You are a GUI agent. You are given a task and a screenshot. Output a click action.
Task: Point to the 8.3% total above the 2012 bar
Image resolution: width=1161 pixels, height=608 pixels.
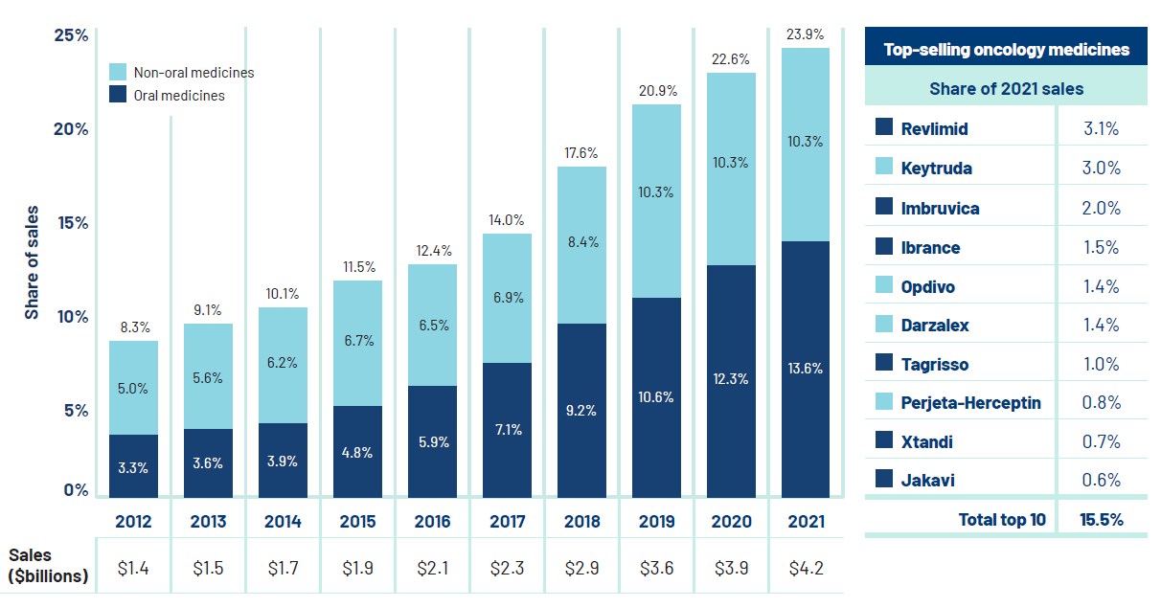coord(133,327)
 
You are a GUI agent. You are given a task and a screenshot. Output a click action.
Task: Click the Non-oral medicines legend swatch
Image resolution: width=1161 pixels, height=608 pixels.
coord(118,72)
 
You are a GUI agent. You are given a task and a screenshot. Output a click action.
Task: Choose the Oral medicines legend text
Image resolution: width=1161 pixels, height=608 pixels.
coord(179,96)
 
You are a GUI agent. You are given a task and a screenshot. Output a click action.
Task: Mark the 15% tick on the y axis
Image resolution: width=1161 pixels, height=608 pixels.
coord(70,223)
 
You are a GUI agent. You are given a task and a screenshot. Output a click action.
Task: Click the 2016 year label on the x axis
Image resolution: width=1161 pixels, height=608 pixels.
coord(432,522)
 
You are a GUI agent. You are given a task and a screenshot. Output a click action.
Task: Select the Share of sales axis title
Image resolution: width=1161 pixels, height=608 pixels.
coord(32,261)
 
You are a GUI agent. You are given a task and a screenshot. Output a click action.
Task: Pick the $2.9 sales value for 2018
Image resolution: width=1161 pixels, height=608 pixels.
coord(581,569)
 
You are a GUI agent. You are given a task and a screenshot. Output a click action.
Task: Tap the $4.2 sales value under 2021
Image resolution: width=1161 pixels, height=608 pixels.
coord(806,569)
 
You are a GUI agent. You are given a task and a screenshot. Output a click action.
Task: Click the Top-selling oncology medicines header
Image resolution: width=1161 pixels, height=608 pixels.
coord(1006,50)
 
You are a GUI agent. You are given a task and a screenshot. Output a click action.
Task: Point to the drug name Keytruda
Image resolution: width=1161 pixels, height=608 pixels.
coord(936,169)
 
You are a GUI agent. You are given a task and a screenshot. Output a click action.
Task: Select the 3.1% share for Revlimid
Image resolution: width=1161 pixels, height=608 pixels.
coord(1101,129)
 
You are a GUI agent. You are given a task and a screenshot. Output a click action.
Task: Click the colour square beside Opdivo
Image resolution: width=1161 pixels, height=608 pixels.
coord(884,286)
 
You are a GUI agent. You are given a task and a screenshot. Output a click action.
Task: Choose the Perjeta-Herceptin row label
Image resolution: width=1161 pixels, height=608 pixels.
coord(970,403)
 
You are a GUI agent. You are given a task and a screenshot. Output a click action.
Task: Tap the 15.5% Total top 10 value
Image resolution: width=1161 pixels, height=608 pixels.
coord(1101,520)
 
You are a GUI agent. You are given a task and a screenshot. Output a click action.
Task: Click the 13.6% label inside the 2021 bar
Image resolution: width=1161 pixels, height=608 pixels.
coord(806,369)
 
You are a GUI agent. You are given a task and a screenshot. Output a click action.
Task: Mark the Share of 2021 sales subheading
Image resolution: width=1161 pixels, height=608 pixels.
coord(1006,89)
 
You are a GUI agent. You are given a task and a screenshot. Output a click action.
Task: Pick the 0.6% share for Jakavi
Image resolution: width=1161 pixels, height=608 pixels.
coord(1101,481)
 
